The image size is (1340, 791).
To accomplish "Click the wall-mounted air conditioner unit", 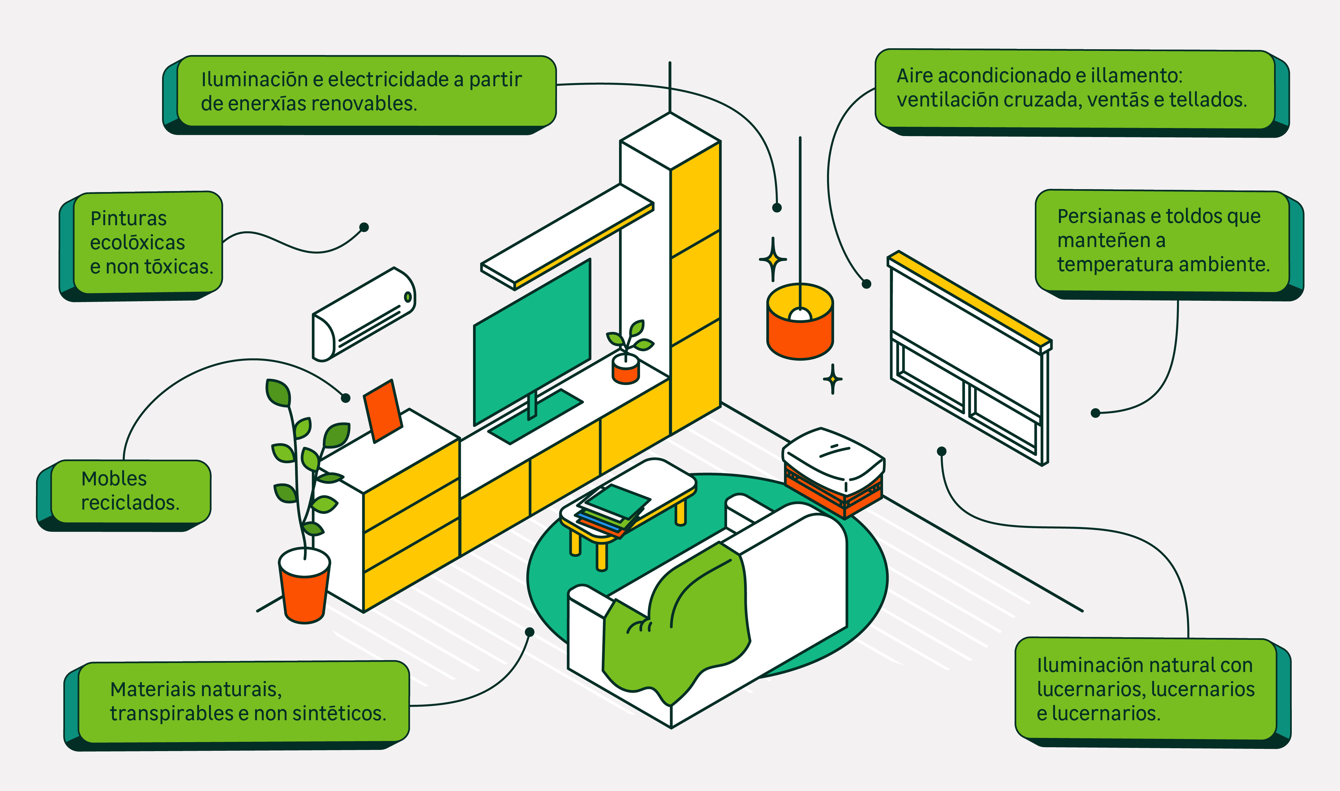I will pos(362,315).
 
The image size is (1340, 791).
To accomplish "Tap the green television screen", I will pos(532,341).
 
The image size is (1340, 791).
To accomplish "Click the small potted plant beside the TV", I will pos(627,354).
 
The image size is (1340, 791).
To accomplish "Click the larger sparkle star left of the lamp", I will pos(772,260).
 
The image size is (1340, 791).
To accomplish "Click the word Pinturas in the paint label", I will pos(128,218).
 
